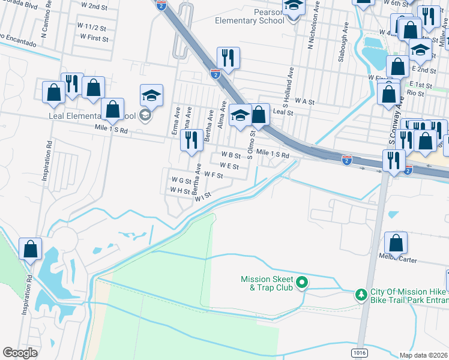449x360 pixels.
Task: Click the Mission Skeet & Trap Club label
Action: coord(267,283)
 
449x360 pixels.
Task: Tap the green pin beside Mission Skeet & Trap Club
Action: coord(303,281)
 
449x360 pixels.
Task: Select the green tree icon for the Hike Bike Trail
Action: coord(361,294)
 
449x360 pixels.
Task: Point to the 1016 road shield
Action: coord(360,352)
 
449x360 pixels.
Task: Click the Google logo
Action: coord(20,353)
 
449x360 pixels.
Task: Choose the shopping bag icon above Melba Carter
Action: coord(396,244)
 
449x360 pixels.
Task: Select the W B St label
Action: coord(231,155)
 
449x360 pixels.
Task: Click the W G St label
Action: coord(181,179)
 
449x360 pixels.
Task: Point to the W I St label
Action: coord(203,195)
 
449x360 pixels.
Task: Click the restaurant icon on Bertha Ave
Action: coord(191,140)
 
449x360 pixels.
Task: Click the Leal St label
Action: coord(283,112)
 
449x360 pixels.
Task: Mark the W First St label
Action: coord(94,38)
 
